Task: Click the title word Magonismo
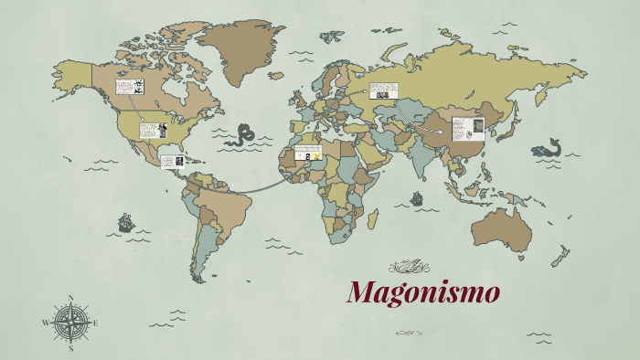(423, 293)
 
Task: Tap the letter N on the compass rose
(70, 298)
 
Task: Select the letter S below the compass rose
(70, 347)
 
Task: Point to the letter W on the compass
(46, 323)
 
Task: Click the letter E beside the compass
(95, 323)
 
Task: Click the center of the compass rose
(70, 323)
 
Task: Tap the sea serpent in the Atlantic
(243, 135)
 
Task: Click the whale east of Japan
(546, 148)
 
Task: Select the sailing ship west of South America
(125, 222)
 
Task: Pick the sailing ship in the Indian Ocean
(417, 197)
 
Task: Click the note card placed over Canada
(129, 88)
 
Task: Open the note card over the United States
(152, 131)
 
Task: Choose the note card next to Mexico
(173, 162)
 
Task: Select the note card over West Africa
(308, 153)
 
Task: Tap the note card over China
(467, 129)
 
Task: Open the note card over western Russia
(383, 92)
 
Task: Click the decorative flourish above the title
(409, 267)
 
